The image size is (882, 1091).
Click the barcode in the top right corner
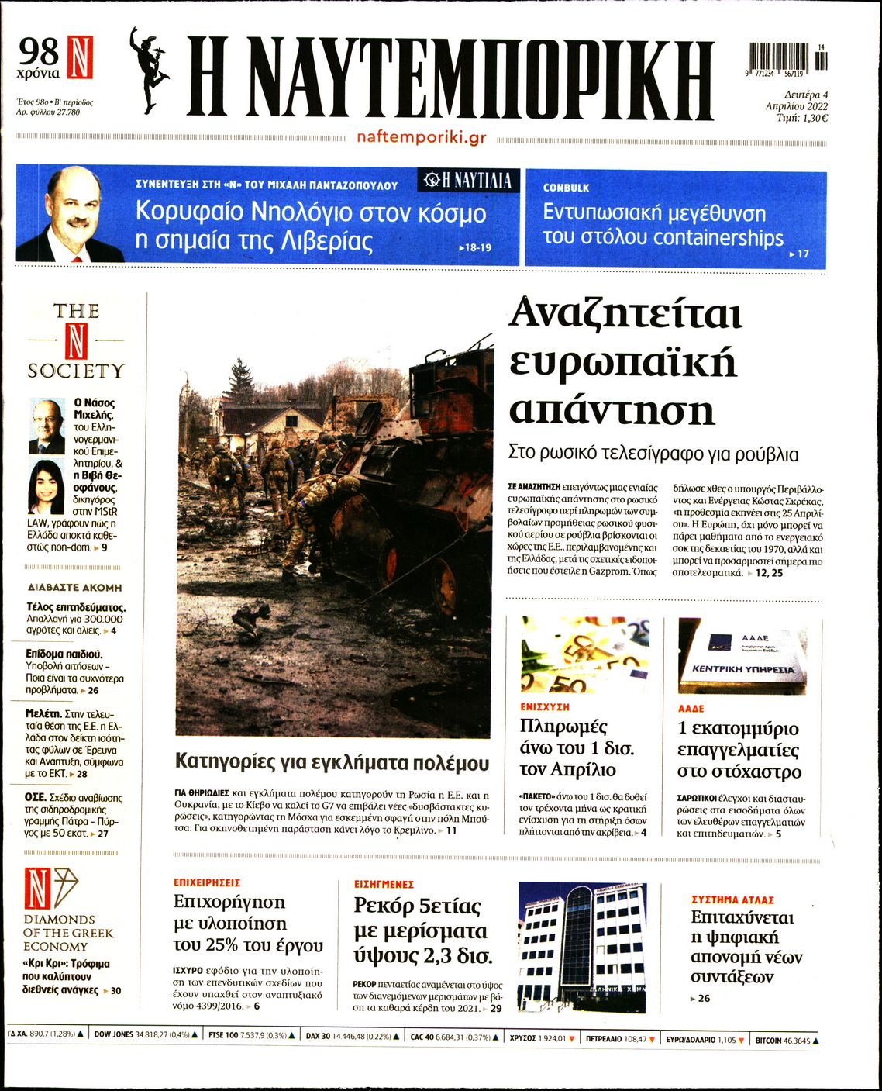(x=787, y=58)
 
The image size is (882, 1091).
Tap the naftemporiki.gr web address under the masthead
(x=422, y=137)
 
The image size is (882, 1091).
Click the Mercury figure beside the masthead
(x=150, y=70)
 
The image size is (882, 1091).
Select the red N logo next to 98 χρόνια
(x=80, y=57)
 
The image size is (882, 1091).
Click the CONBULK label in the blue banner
(x=566, y=188)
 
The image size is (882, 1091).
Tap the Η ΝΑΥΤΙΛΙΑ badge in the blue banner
(x=468, y=181)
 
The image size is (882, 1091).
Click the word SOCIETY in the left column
(x=76, y=371)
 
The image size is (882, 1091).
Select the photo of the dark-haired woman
(x=46, y=487)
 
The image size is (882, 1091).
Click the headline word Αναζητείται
(x=625, y=314)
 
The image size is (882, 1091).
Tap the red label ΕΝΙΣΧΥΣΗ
(x=545, y=707)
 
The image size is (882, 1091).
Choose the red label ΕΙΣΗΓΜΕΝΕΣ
(x=384, y=884)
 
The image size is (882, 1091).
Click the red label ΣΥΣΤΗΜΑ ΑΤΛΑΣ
(x=732, y=900)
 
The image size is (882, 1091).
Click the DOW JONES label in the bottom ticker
(x=113, y=1034)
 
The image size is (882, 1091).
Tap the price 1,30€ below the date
(x=812, y=119)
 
